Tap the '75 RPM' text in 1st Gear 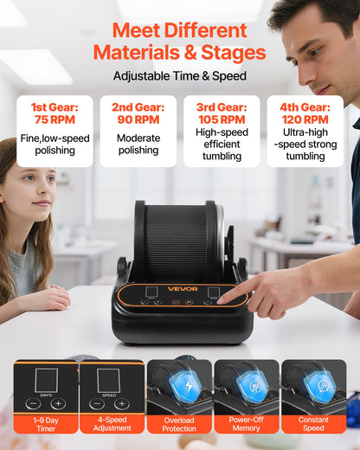pyautogui.click(x=55, y=120)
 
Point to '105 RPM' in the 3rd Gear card pyautogui.click(x=222, y=120)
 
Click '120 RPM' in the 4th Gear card pyautogui.click(x=305, y=120)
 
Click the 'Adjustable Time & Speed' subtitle pyautogui.click(x=179, y=76)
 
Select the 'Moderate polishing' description pyautogui.click(x=138, y=145)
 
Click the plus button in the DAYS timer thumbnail pyautogui.click(x=58, y=403)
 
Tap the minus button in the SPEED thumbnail pyautogui.click(x=99, y=403)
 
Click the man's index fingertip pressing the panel pyautogui.click(x=222, y=300)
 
